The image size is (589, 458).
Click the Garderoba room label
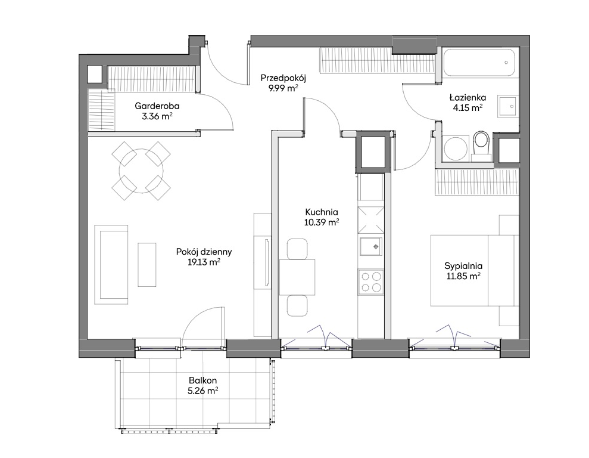click(x=157, y=106)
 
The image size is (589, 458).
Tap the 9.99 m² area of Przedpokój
click(x=283, y=88)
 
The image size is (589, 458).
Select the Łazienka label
click(x=468, y=98)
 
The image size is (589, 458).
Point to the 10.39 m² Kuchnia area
click(x=322, y=222)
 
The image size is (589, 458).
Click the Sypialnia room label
click(x=463, y=266)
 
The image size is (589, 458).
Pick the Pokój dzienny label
click(x=204, y=252)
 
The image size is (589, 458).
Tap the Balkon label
click(x=203, y=380)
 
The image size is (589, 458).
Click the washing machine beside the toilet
click(x=454, y=148)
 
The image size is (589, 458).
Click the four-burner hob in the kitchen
click(x=371, y=281)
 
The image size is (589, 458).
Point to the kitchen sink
click(x=371, y=246)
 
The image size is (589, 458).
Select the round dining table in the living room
click(x=141, y=171)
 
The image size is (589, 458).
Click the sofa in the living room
click(x=111, y=264)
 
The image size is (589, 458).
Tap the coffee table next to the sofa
click(x=147, y=265)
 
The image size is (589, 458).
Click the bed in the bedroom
click(x=475, y=270)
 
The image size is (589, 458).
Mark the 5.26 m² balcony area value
click(x=203, y=391)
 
